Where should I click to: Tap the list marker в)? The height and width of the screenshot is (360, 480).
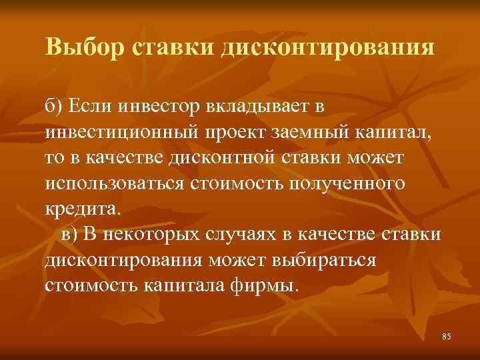coord(71,234)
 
